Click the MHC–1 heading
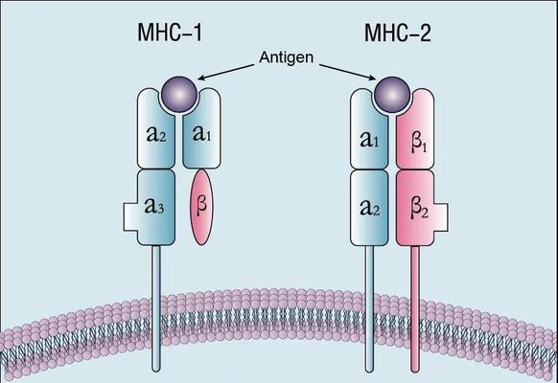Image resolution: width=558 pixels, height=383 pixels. pos(170,33)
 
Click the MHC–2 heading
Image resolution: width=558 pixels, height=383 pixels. pos(398,33)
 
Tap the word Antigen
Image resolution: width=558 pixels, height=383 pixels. pos(287,57)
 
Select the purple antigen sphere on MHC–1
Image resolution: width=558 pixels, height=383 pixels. pos(179,95)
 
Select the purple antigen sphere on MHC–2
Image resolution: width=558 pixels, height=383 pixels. pos(391,95)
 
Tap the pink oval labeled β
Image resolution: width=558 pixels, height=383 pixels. pos(201,207)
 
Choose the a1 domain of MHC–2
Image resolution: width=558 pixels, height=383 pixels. pos(369,129)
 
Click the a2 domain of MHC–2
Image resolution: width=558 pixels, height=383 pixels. pos(369,208)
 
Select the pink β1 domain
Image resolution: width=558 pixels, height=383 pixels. pos(416,129)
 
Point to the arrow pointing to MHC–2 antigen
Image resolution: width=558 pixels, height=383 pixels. pos(348,72)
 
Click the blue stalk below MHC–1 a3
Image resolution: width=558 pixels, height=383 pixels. pos(156,308)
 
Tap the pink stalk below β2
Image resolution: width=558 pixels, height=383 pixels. pos(415,309)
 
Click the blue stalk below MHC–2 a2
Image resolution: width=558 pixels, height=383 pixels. pos(369,309)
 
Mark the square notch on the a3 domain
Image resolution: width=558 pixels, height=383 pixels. pos(130,217)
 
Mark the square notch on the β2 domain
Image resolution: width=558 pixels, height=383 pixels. pos(441,217)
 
